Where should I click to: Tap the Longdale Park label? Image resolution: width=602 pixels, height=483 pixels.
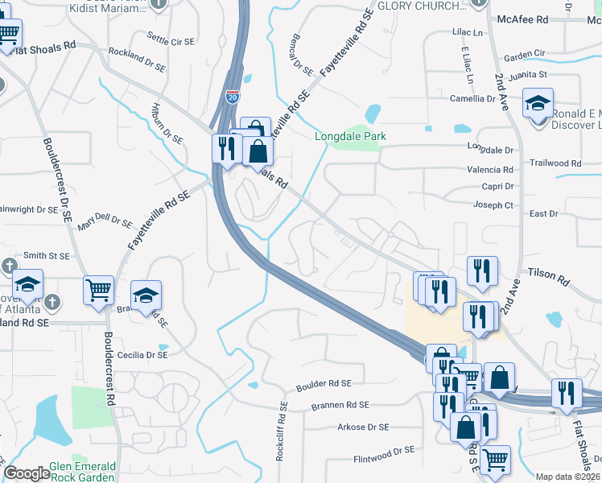pyautogui.click(x=350, y=136)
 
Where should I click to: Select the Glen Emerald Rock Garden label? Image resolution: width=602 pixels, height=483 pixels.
pyautogui.click(x=83, y=472)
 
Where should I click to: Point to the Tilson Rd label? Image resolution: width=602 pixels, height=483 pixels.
pyautogui.click(x=549, y=275)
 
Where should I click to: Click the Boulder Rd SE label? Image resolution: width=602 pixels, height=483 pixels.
pyautogui.click(x=324, y=384)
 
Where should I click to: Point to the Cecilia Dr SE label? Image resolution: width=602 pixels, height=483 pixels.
pyautogui.click(x=142, y=354)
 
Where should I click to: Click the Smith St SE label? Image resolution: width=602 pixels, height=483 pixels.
pyautogui.click(x=46, y=255)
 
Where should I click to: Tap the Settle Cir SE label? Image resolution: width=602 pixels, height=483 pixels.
pyautogui.click(x=171, y=39)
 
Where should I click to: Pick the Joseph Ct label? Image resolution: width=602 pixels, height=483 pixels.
pyautogui.click(x=493, y=205)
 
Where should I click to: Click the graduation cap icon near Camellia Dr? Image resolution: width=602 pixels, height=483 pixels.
pyautogui.click(x=538, y=104)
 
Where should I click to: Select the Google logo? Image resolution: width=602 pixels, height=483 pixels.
pyautogui.click(x=27, y=473)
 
